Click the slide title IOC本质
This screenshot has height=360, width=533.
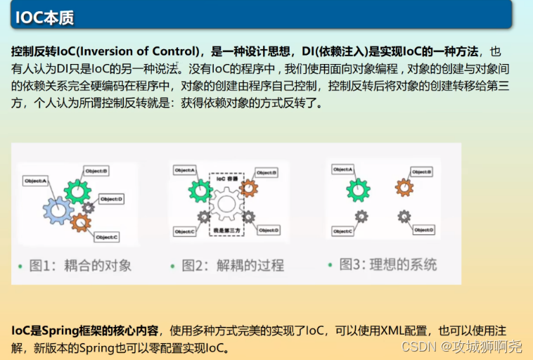(x=44, y=18)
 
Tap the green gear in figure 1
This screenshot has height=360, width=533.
(x=77, y=190)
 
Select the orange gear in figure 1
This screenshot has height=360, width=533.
(x=82, y=222)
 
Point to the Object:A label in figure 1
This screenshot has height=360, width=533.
(x=35, y=181)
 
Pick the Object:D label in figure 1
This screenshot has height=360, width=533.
(x=112, y=199)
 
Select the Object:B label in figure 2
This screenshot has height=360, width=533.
(x=265, y=172)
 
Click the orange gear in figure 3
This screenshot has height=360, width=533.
(x=404, y=188)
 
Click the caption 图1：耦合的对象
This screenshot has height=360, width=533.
(x=80, y=266)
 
